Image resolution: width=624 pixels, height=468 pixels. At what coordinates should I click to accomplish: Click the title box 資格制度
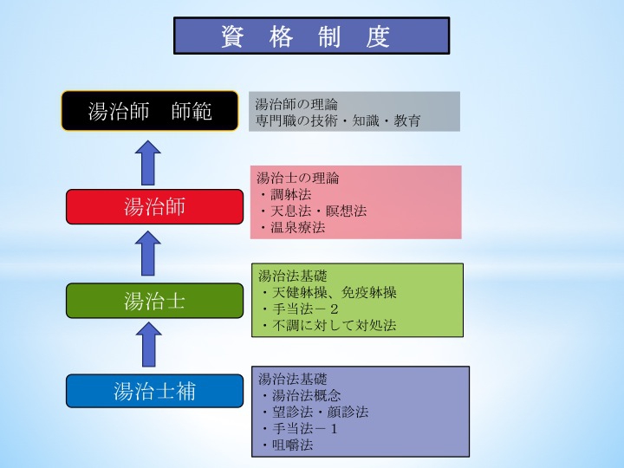coord(312,36)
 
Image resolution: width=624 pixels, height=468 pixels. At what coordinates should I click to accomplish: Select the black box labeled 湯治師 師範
coord(150,111)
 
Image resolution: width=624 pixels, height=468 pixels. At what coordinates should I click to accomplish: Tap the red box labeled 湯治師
coord(154,206)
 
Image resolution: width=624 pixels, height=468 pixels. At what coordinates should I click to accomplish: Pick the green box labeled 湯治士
coord(154,301)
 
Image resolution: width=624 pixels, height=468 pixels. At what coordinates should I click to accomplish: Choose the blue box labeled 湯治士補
coord(154,391)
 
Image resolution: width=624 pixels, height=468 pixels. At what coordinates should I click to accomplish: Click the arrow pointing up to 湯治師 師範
coord(147,163)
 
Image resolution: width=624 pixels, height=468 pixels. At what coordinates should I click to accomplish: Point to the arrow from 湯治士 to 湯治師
coord(147,253)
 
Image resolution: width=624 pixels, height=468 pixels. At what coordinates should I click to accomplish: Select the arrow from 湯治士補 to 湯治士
coord(148,344)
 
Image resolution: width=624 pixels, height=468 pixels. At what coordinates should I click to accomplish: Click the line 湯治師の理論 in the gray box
coord(296,105)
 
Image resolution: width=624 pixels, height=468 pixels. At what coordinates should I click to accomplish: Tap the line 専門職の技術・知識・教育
coord(338,120)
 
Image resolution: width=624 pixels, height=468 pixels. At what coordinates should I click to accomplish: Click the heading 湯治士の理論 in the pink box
coord(297,178)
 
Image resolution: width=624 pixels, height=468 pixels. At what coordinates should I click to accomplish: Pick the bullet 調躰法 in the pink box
coord(287,195)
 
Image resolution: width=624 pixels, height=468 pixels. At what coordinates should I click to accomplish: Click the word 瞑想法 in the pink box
coord(346,211)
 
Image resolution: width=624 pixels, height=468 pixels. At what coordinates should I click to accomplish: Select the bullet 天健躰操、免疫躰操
coord(329,293)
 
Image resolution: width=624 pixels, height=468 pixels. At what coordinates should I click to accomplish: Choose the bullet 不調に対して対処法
coord(329,325)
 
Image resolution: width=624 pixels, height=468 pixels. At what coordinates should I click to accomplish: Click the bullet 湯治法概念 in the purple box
coord(302,395)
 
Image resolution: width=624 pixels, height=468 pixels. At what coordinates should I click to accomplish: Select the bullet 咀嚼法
coord(288,445)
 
